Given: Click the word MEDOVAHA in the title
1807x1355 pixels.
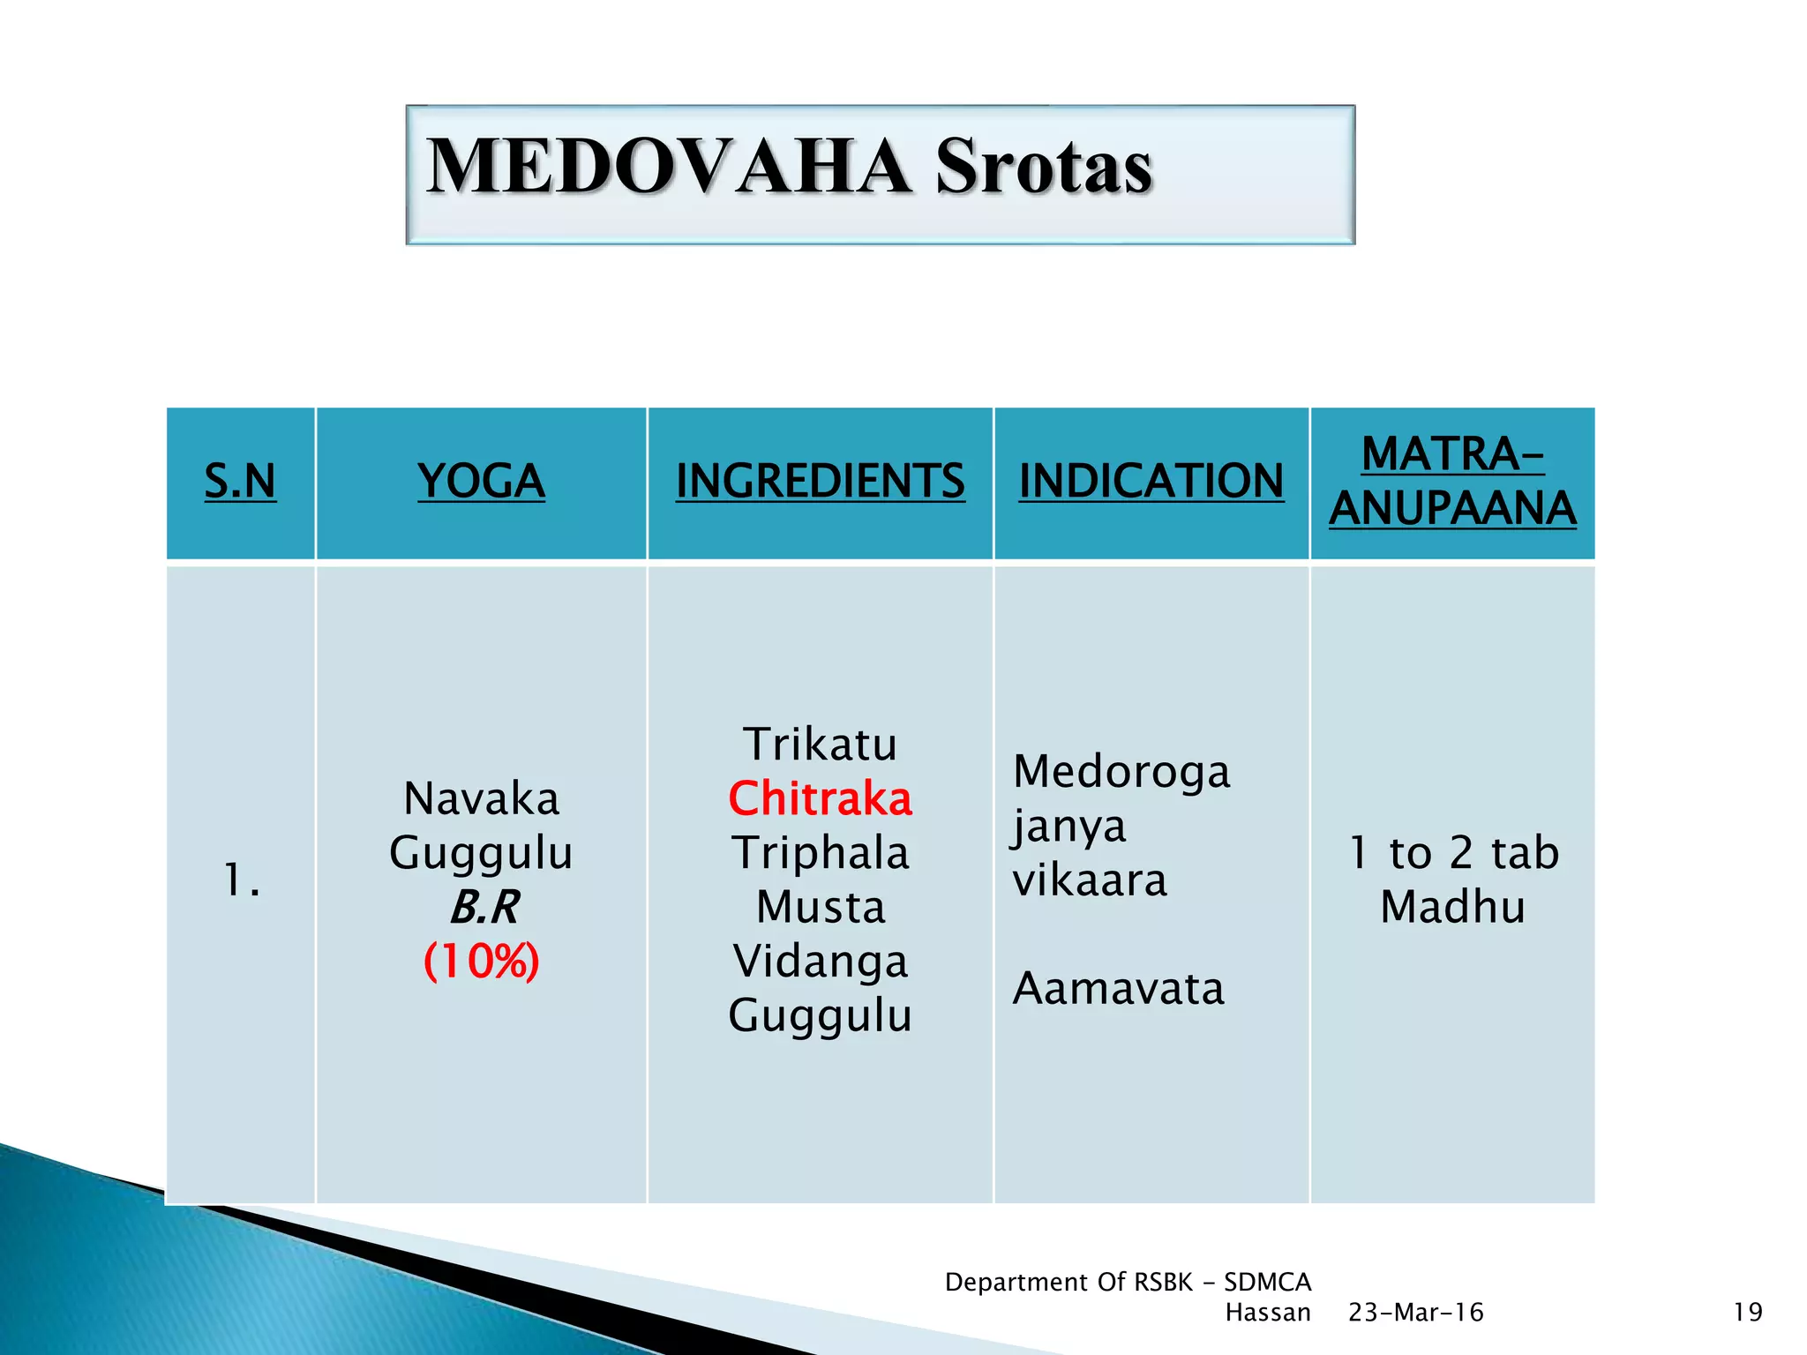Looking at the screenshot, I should (x=668, y=168).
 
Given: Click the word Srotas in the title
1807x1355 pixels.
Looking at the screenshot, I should (x=1044, y=168).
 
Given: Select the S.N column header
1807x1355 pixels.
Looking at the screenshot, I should (x=240, y=482).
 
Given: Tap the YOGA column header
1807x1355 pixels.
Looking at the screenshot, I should (x=481, y=482).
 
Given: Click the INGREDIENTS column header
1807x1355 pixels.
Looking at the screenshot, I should (x=820, y=482).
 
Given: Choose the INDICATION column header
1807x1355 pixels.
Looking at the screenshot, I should (x=1151, y=482).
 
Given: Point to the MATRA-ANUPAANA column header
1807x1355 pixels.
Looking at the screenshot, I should (x=1452, y=482).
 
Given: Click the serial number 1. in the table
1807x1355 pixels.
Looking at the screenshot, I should (x=242, y=880).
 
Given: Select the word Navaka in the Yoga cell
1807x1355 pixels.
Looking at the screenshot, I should (x=481, y=799).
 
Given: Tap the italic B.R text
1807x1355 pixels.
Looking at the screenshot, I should (x=484, y=908).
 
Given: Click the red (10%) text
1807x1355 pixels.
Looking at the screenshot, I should (x=481, y=962).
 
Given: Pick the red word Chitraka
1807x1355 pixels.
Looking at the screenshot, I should (x=820, y=799).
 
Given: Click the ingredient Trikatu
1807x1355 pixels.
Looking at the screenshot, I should (x=820, y=745).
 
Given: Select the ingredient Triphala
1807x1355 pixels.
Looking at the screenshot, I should (x=820, y=853).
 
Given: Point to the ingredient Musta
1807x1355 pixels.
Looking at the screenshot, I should (x=820, y=908).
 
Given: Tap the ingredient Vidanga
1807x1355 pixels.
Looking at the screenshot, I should (x=820, y=962).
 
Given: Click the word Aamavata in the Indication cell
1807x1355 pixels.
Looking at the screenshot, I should (x=1118, y=989).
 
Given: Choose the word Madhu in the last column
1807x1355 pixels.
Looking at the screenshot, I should (x=1452, y=908).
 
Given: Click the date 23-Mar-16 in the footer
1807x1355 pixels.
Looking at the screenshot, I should (x=1416, y=1313).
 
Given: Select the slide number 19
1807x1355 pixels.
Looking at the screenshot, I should (x=1747, y=1313).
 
